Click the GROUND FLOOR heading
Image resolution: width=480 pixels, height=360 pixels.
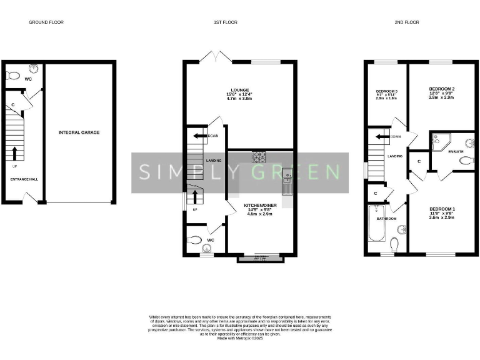[x=46, y=22]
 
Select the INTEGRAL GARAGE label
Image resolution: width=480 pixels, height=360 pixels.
[x=79, y=132]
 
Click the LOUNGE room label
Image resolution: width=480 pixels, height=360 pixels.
[x=239, y=89]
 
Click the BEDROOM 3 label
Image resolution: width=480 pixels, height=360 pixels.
[x=386, y=92]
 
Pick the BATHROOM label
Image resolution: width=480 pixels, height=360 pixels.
[x=386, y=219]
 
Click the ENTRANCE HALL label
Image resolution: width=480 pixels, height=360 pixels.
[x=24, y=179]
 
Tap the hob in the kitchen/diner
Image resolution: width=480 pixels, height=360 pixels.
[x=259, y=157]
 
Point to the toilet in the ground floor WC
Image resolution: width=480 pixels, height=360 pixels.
[x=12, y=76]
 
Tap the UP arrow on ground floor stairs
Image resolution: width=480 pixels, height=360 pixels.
[x=14, y=153]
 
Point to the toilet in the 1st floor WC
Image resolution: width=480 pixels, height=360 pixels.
[x=195, y=239]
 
